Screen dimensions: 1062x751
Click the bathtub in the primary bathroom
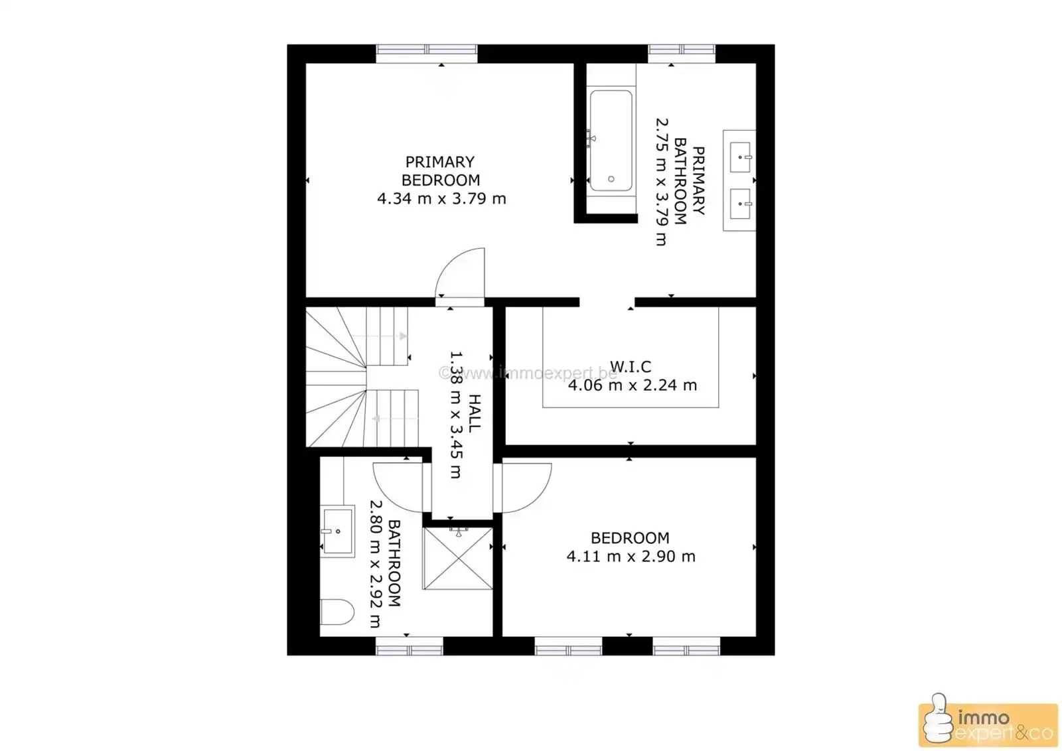[x=611, y=140]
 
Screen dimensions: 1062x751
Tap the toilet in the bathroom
[x=337, y=612]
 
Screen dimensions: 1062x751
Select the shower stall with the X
[x=457, y=558]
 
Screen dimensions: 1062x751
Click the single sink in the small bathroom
[x=337, y=531]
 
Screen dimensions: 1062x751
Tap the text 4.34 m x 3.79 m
[x=441, y=198]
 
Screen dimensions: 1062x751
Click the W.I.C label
[x=630, y=366]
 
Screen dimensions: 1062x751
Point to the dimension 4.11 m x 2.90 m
[x=631, y=556]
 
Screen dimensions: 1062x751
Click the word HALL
[x=475, y=413]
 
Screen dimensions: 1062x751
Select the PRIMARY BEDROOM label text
[x=441, y=171]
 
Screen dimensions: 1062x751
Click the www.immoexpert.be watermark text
[x=528, y=374]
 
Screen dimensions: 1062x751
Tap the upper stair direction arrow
[x=379, y=336]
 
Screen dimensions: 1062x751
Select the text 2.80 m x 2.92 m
[x=375, y=564]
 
